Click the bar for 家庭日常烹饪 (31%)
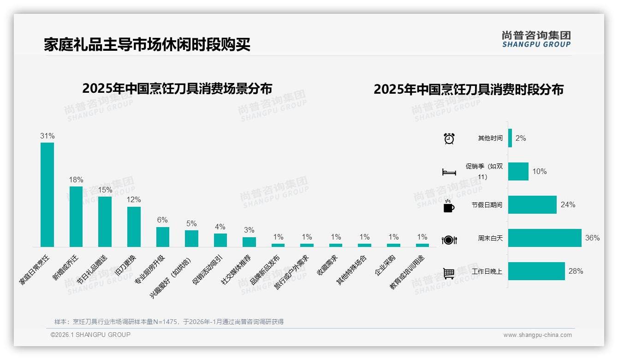[x=47, y=195]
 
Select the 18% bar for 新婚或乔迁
[x=76, y=216]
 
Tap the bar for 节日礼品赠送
[x=105, y=222]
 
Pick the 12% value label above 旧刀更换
[x=134, y=200]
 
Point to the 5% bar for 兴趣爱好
[x=191, y=239]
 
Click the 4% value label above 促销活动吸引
[x=220, y=227]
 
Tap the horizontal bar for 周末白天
[x=545, y=238]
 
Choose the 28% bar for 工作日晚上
[x=536, y=271]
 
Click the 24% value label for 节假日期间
[x=568, y=205]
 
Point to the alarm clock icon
[x=449, y=138]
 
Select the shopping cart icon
[x=449, y=273]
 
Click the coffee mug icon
[x=449, y=206]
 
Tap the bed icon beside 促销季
[x=449, y=172]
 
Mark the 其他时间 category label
[x=490, y=138]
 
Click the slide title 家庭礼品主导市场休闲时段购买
[x=147, y=45]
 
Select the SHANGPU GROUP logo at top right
[x=536, y=39]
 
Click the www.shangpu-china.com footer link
[x=537, y=335]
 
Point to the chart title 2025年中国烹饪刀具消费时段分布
[x=468, y=90]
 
